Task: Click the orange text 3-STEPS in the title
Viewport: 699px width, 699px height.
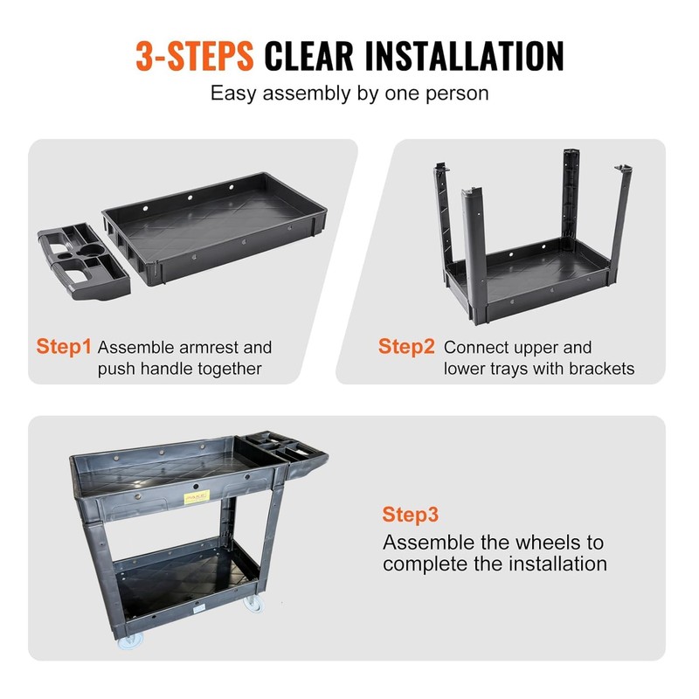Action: tap(195, 56)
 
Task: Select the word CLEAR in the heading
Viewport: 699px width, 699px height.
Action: tap(309, 56)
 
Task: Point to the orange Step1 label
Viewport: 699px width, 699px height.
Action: tap(64, 346)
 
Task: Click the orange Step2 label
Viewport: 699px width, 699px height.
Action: tap(406, 346)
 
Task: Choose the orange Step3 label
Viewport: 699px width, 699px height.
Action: tap(410, 515)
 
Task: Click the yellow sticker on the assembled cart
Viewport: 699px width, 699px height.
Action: tap(197, 497)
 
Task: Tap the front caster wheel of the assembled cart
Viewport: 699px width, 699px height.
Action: tap(130, 640)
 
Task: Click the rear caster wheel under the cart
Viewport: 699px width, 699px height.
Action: tap(253, 604)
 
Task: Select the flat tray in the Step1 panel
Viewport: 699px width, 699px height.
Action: tap(214, 228)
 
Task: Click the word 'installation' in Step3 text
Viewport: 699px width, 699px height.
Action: tap(557, 564)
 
